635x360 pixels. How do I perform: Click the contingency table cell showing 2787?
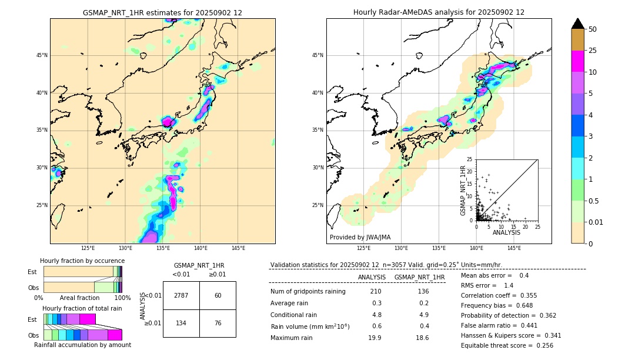[181, 295]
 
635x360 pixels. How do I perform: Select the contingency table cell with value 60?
[218, 295]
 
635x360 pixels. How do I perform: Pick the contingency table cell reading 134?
[181, 322]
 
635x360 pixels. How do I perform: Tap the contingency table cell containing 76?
[218, 322]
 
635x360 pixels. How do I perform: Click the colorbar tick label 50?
[593, 29]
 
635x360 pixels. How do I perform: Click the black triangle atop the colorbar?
[578, 24]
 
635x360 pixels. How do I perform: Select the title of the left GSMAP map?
[162, 12]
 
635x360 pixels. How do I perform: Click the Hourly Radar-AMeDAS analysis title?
[439, 12]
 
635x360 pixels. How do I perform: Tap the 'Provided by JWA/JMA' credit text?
[360, 238]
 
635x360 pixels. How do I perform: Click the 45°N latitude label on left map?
[42, 55]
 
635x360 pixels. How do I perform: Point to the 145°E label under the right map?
[514, 248]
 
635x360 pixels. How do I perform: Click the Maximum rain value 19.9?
[375, 338]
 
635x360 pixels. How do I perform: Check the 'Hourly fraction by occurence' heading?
[82, 261]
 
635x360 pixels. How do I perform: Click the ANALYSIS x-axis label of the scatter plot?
[506, 232]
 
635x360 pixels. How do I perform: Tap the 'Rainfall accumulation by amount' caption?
[83, 345]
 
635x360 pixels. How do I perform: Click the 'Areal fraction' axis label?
[79, 298]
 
